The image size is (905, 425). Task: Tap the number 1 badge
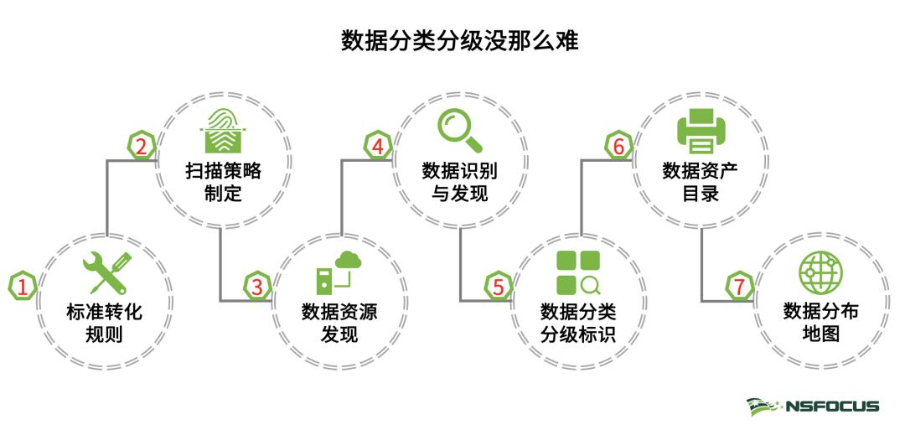click(23, 287)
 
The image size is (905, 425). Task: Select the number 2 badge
click(142, 147)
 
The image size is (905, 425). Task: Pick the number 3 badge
click(257, 287)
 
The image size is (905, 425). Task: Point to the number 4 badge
click(378, 147)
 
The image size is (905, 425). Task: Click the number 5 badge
click(498, 287)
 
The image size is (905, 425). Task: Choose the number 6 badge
click(618, 147)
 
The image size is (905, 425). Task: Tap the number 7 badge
click(737, 287)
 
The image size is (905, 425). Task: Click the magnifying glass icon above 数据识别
click(459, 131)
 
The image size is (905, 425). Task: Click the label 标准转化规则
click(105, 324)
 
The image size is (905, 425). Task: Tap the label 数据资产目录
click(699, 183)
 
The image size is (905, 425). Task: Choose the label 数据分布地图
click(820, 324)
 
